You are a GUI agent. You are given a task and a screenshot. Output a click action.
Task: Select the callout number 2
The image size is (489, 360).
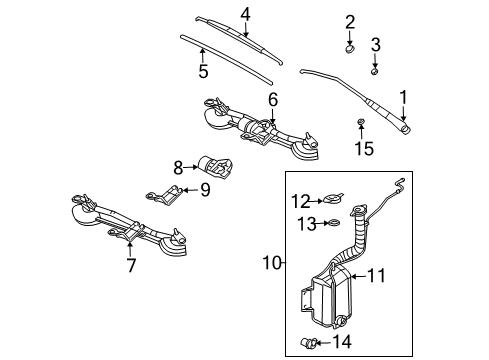[350, 22]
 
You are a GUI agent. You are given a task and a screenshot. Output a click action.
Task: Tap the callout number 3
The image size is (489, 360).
[375, 44]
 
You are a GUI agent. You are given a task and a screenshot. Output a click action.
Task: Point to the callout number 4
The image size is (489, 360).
[245, 13]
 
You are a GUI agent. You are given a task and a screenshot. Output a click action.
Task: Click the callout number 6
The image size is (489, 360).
[272, 98]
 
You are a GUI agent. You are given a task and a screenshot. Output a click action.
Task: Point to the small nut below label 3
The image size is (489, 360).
[374, 71]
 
